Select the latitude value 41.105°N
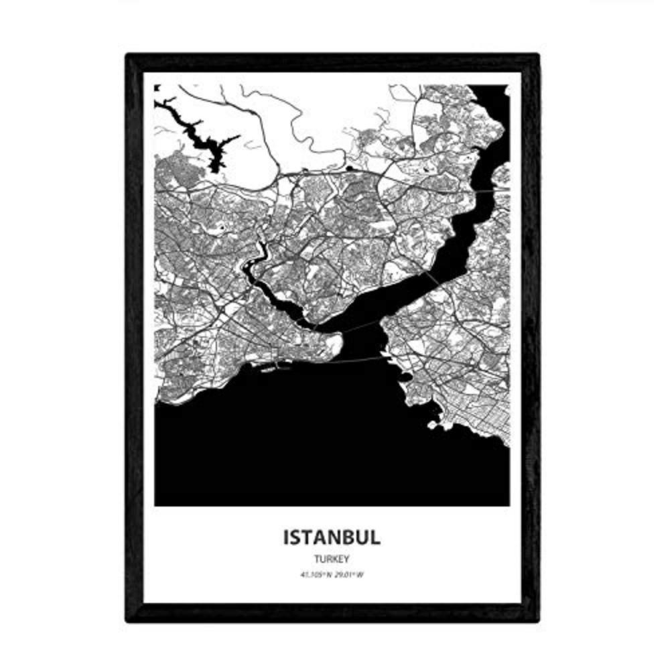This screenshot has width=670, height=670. (315, 574)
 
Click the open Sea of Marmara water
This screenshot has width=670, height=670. (301, 442)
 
